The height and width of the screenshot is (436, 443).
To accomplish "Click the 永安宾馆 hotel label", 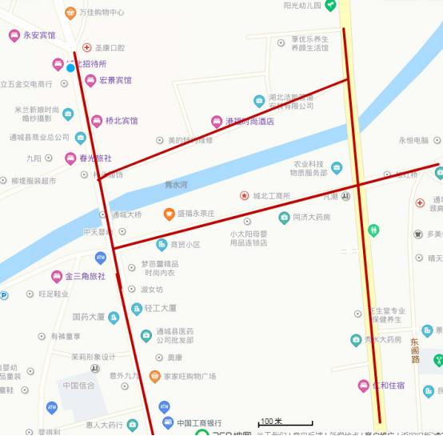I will [39, 36].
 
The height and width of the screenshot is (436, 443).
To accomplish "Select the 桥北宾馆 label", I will [122, 122].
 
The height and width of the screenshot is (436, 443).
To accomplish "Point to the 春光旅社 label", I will [94, 158].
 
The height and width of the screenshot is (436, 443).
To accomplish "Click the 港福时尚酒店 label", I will [249, 122].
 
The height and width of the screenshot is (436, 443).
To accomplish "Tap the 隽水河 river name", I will [175, 185].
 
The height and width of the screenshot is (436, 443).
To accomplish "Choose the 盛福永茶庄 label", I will [195, 214].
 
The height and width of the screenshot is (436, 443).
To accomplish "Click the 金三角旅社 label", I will [85, 277].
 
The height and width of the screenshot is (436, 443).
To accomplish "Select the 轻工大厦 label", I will [160, 308].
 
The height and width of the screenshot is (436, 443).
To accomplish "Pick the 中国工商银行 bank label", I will [199, 423].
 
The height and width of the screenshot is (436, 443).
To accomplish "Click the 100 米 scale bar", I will [274, 422].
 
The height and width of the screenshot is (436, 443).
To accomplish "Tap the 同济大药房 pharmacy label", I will [311, 218].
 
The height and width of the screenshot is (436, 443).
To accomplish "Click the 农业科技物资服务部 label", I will [308, 168].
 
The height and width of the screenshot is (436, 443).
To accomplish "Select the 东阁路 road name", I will [415, 350].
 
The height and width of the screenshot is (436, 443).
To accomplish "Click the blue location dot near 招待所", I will [70, 68].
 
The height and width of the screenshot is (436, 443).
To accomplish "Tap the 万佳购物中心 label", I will [102, 13].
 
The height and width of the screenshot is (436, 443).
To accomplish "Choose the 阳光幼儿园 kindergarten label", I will [302, 6].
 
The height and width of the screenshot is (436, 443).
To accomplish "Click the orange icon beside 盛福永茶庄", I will [169, 214].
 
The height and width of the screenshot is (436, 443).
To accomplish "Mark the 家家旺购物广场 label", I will [190, 376].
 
